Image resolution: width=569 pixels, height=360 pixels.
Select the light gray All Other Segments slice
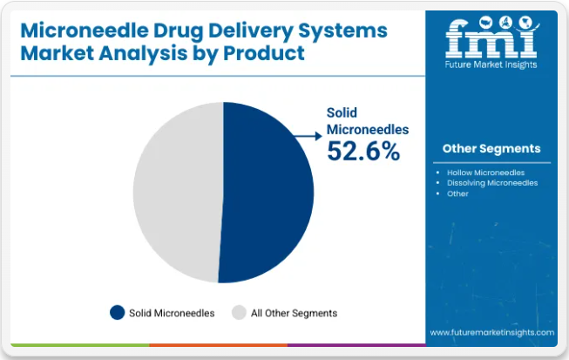coord(178,192)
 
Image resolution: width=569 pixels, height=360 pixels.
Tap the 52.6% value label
coord(363,151)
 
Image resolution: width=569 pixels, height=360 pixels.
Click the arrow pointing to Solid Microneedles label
coord(308,136)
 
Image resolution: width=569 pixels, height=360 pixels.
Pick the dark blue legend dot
coord(118,312)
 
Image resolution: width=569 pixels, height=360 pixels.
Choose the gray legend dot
coord(239,312)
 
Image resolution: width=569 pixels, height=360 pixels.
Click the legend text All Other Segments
coord(294,313)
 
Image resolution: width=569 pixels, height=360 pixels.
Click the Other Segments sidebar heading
coord(491,148)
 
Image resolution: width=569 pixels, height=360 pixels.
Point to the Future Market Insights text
coord(491,65)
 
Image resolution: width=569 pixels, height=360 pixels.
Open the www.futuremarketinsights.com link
coord(492,332)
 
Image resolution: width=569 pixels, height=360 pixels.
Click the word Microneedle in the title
coord(85,31)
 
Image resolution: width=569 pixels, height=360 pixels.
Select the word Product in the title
coord(264,53)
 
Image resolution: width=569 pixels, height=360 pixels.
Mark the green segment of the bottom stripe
coord(80,345)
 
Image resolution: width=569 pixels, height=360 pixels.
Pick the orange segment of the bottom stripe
coord(218,345)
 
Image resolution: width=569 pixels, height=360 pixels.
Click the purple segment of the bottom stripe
coord(356,345)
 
